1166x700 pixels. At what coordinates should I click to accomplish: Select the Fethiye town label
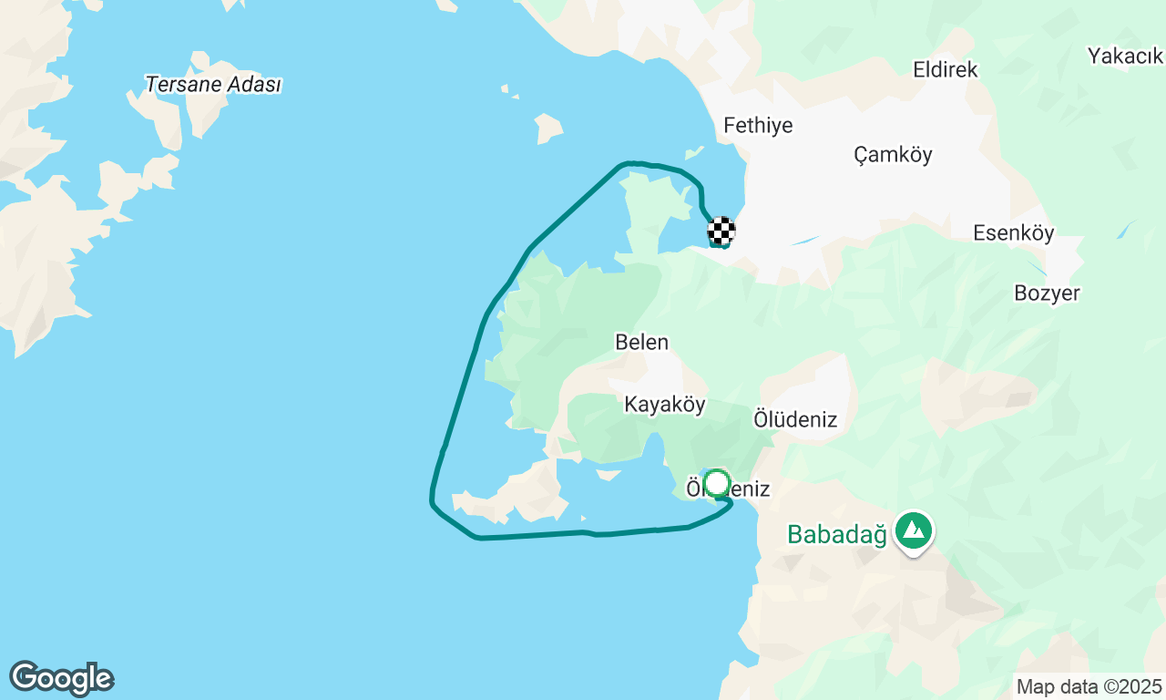coord(758,126)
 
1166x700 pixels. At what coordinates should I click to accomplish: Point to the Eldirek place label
coord(946,69)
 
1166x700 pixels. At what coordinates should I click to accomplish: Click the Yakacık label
coord(1126,57)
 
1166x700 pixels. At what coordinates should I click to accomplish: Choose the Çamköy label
coord(893,155)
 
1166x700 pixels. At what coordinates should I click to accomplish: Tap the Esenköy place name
coord(1013,233)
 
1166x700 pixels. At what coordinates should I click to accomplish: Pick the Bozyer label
coord(1047,293)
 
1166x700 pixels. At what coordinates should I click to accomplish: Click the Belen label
coord(641,343)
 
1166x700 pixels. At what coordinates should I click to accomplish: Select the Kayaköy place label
coord(665,405)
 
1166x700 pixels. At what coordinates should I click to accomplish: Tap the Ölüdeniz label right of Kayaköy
coord(795,419)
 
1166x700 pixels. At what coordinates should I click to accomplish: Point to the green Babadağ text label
coord(837,534)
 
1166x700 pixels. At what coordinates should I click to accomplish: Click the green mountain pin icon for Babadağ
coord(913,530)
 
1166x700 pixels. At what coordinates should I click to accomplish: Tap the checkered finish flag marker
coord(721,231)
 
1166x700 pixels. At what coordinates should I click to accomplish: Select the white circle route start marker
coord(718,483)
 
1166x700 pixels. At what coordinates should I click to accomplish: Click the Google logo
coord(61,678)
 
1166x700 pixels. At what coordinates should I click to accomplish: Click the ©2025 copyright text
coord(1132,686)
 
